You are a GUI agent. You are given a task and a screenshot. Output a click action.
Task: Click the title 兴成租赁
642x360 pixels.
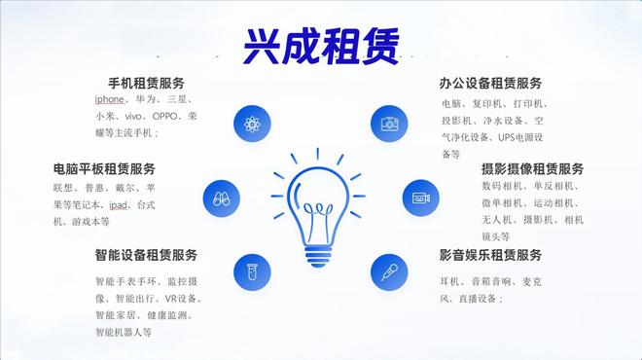click(322, 43)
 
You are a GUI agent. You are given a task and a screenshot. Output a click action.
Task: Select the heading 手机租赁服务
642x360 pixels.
click(146, 83)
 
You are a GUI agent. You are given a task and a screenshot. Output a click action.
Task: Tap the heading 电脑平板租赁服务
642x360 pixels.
click(104, 169)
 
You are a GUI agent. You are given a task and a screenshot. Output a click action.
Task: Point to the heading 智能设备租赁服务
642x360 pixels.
click(146, 255)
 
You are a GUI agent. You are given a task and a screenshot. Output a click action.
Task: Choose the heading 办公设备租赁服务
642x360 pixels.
click(490, 83)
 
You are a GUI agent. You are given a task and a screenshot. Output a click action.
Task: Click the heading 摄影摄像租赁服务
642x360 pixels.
click(532, 169)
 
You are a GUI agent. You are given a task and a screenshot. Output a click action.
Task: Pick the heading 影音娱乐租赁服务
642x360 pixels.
click(490, 255)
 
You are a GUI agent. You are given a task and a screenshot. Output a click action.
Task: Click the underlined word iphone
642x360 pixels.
click(111, 100)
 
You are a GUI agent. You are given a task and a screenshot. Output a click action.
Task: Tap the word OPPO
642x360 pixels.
click(148, 117)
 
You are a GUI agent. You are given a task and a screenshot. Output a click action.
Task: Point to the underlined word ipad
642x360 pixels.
click(118, 204)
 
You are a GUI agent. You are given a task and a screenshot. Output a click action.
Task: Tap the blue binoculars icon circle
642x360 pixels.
click(221, 198)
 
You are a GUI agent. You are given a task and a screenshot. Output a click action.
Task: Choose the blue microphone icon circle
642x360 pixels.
click(389, 271)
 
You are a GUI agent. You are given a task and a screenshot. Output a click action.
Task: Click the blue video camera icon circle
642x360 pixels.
click(420, 198)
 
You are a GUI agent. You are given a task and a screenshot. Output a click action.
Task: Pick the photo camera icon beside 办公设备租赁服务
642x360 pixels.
click(389, 125)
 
